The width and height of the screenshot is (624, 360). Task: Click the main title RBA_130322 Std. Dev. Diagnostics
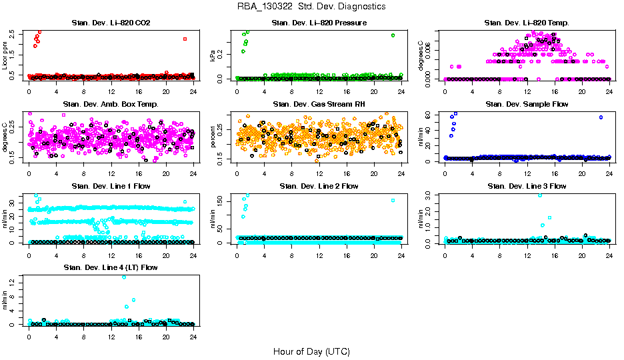pyautogui.click(x=311, y=7)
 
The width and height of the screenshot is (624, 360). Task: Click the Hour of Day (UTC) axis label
pyautogui.click(x=311, y=351)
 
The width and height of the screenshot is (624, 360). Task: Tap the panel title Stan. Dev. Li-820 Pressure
pyautogui.click(x=319, y=23)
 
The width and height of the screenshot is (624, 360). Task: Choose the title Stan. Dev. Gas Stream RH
pyautogui.click(x=319, y=105)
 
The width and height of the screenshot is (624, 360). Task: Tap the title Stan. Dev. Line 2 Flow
pyautogui.click(x=319, y=186)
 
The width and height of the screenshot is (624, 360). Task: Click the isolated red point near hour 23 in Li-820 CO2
pyautogui.click(x=185, y=39)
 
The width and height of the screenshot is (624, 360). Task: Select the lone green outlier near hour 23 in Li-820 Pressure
pyautogui.click(x=393, y=35)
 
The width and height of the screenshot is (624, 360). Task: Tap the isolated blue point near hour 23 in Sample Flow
pyautogui.click(x=601, y=117)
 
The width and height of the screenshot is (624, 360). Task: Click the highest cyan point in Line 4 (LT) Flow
pyautogui.click(x=124, y=277)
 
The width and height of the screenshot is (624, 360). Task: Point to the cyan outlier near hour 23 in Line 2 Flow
pyautogui.click(x=393, y=200)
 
